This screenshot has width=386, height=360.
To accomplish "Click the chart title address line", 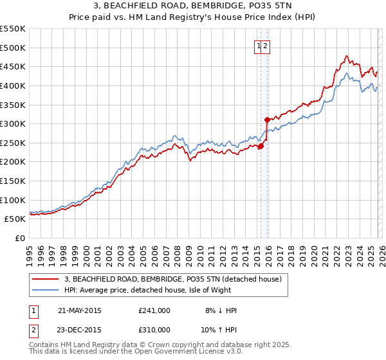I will tap(192, 6).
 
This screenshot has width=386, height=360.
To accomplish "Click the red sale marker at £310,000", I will tap(267, 120).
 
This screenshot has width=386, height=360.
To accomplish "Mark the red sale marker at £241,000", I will tap(261, 146).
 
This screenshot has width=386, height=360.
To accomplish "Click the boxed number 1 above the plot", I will tap(259, 45).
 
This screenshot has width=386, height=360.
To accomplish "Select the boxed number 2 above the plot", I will tap(265, 45).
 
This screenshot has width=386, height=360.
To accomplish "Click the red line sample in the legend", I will tap(45, 280).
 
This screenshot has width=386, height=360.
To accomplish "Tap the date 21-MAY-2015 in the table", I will tap(79, 310).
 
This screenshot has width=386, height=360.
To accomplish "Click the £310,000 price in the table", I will tap(154, 329).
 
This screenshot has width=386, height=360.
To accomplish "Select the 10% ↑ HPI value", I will tap(219, 329).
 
